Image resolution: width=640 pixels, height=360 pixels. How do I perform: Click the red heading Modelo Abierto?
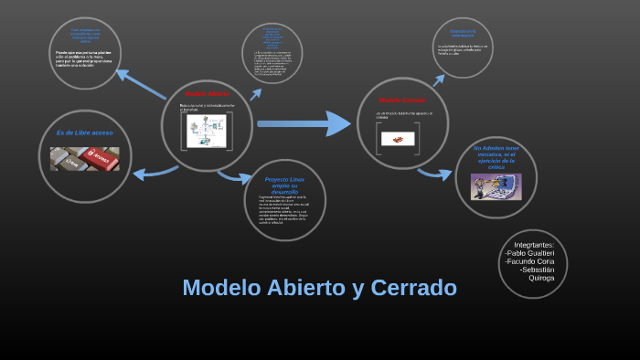[208, 94]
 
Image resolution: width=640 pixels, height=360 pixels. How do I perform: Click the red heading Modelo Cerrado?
[402, 100]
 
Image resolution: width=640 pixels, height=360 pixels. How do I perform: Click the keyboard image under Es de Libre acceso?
[84, 159]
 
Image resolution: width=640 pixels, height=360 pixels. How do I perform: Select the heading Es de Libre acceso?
[85, 132]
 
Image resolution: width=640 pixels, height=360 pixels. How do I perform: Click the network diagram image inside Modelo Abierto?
[206, 131]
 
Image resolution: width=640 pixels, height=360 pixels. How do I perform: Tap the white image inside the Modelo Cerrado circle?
[397, 138]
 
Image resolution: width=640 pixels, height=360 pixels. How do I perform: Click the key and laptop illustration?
[496, 186]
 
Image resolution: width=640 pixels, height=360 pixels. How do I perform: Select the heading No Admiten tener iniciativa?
[496, 157]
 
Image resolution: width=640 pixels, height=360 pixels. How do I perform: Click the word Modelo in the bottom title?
[219, 288]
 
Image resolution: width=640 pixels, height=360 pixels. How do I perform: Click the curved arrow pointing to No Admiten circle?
[435, 173]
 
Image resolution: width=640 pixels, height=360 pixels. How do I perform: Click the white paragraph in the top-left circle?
[86, 58]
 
